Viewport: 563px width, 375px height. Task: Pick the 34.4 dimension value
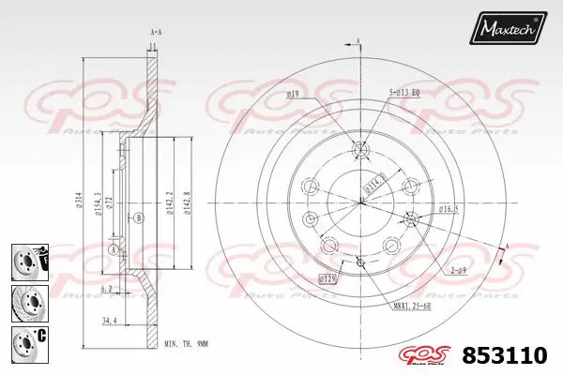pyautogui.click(x=110, y=322)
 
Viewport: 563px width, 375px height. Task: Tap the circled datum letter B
pyautogui.click(x=139, y=217)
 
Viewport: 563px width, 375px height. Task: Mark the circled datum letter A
pyautogui.click(x=114, y=249)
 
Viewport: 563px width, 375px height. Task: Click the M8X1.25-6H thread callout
pyautogui.click(x=413, y=304)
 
